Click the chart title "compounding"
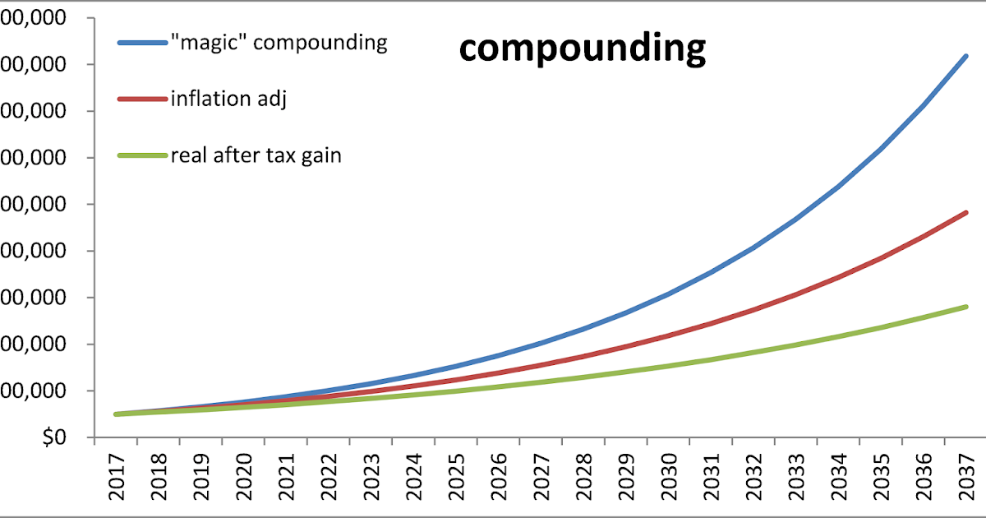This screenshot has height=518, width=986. [x=582, y=49]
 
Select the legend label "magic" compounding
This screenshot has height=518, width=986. [x=279, y=42]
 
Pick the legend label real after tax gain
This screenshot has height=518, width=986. [x=256, y=155]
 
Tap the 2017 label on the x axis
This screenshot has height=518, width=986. [x=117, y=477]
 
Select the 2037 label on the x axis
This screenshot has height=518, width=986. [x=966, y=477]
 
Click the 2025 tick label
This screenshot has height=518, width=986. [x=457, y=477]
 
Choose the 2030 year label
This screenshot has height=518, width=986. [x=669, y=477]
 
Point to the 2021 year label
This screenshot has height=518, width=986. [x=287, y=477]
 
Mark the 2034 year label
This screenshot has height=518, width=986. [x=839, y=477]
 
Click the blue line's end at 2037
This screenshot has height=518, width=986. [x=965, y=56]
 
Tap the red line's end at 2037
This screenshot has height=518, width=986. [x=965, y=212]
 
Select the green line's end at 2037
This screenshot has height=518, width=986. [x=965, y=307]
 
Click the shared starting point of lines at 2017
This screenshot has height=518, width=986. [x=117, y=414]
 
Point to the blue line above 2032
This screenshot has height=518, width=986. [x=753, y=247]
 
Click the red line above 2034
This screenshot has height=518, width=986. [x=838, y=277]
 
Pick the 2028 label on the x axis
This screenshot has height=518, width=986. [x=584, y=477]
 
